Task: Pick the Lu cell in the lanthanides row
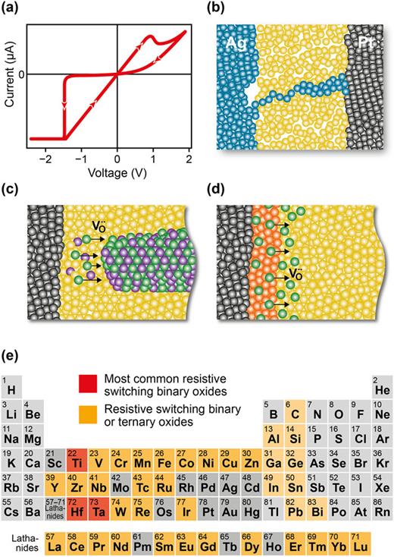pyautogui.click(x=381, y=542)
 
